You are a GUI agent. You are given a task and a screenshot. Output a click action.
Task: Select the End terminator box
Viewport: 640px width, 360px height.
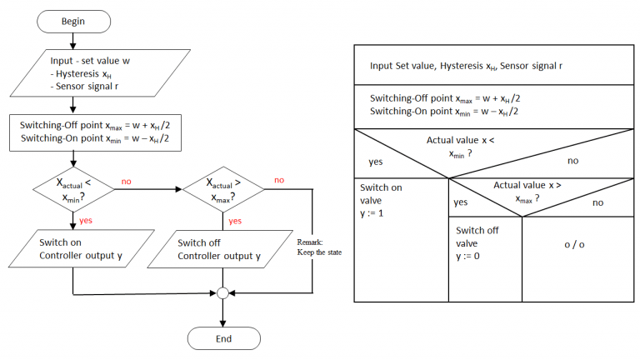(x=222, y=338)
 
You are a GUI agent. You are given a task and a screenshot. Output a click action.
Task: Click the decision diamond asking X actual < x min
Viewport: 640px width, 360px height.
(x=73, y=189)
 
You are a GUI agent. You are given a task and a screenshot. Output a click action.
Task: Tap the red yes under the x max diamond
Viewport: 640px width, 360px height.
(x=235, y=221)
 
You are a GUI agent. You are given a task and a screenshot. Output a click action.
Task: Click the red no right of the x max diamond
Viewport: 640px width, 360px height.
(x=279, y=180)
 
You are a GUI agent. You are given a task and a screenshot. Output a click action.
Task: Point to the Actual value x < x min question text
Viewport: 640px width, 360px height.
(x=460, y=146)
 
